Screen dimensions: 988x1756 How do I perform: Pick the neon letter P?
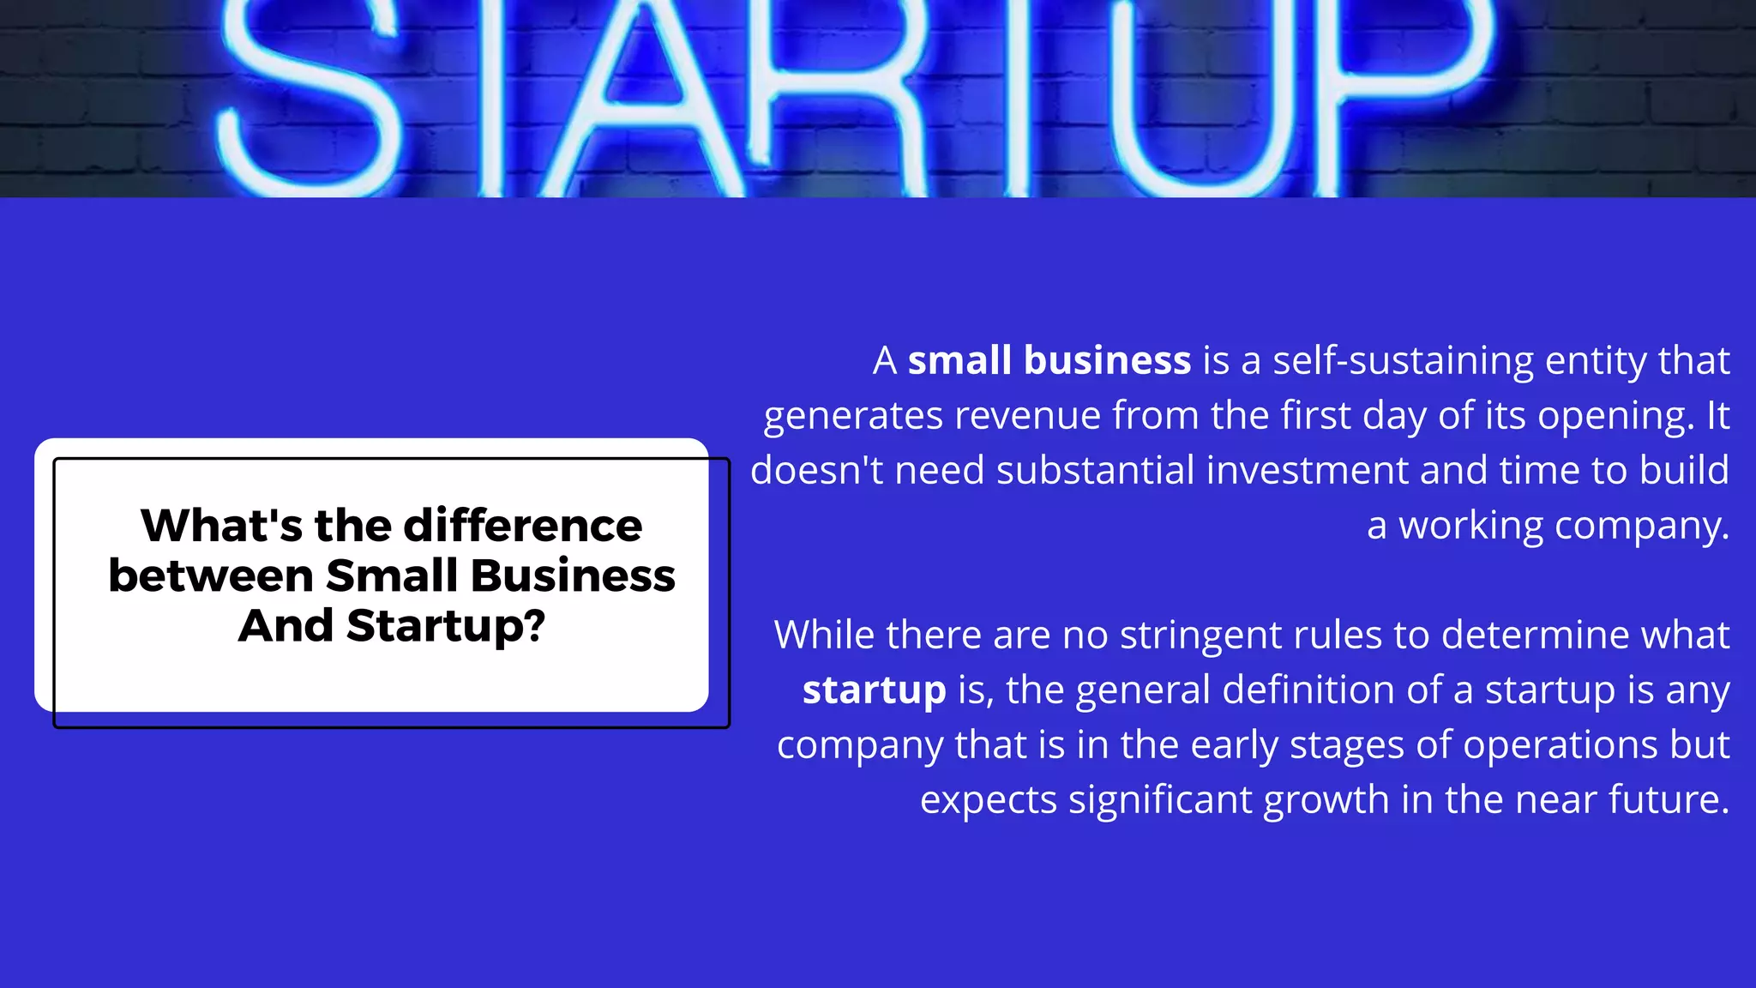[1415, 77]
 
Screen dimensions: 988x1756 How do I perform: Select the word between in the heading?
[210, 575]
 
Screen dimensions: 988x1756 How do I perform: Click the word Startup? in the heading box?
[446, 626]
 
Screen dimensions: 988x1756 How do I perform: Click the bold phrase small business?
[1049, 360]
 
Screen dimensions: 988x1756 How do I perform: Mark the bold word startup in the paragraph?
[874, 690]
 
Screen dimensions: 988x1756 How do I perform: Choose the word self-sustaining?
[1403, 360]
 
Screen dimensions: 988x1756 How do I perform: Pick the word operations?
[1560, 744]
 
